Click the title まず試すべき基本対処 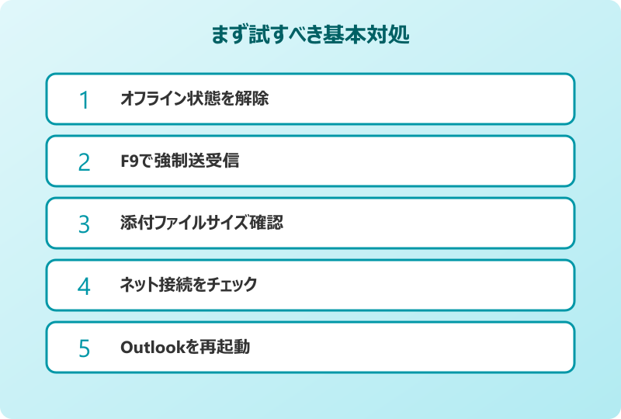(x=310, y=36)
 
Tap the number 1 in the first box (x=85, y=100)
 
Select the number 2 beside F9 (x=85, y=162)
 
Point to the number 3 (x=85, y=224)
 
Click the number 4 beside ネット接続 (x=85, y=286)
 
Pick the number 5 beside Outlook (x=85, y=348)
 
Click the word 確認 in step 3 (x=268, y=223)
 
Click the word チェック (x=232, y=286)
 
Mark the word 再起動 (x=228, y=348)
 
